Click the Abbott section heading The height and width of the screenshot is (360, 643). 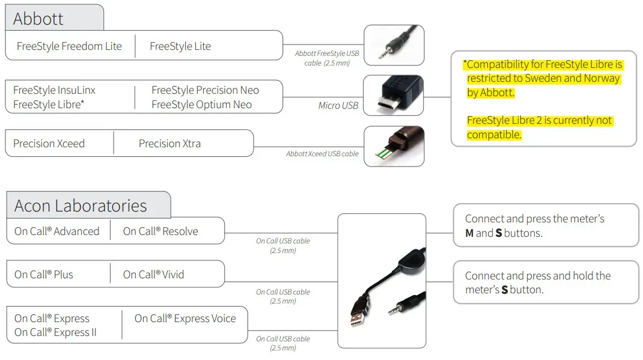point(38,19)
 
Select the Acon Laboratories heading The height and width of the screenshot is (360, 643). point(81,206)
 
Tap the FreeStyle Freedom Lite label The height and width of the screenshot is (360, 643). point(69,46)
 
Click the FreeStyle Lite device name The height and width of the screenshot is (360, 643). point(180,46)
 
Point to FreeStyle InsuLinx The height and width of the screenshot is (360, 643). point(54,90)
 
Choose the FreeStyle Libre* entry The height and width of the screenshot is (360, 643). point(49,105)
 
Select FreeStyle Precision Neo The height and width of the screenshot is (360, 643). point(205,90)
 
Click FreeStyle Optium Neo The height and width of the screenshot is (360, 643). point(201,105)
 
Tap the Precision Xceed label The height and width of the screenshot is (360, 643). point(49,144)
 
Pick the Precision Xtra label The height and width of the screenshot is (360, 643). point(169,144)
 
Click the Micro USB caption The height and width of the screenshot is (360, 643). point(338,106)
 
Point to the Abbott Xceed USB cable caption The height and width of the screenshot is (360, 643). point(322,154)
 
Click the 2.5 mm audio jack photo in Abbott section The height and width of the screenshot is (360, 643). point(394,45)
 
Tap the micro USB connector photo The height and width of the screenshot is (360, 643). point(394,95)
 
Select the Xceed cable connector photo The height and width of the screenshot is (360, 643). point(394,146)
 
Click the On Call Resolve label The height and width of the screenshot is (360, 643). point(160,231)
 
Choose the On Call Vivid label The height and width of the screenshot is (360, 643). point(154,275)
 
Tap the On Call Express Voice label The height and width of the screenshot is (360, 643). point(185,319)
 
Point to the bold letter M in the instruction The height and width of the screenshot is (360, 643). point(469,233)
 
